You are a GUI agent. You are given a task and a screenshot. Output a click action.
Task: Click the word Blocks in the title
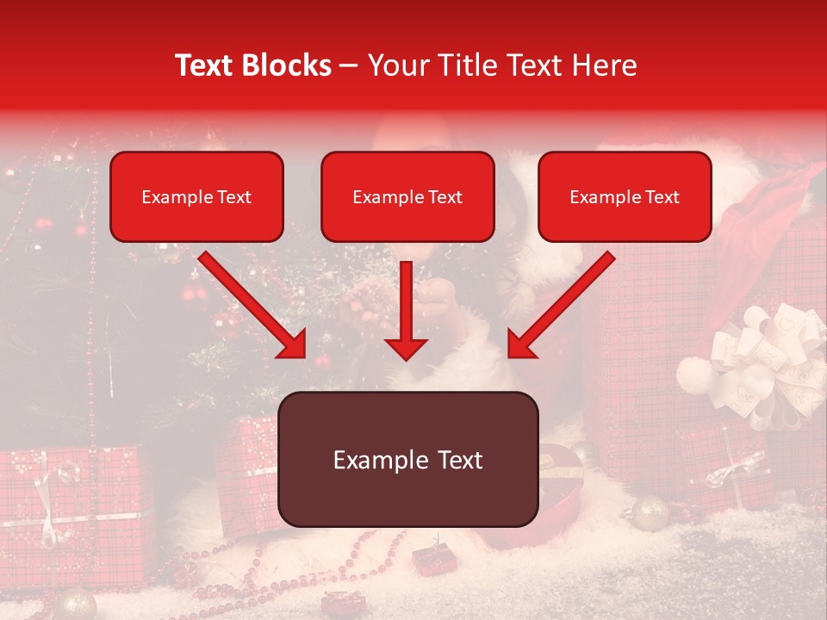pyautogui.click(x=285, y=65)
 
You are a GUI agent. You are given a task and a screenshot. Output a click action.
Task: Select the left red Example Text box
pyautogui.click(x=196, y=196)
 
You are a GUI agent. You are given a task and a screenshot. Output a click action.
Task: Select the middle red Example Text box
pyautogui.click(x=407, y=196)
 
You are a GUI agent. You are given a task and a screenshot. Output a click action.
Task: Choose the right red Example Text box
pyautogui.click(x=625, y=196)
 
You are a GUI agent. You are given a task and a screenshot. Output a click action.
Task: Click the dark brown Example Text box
pyautogui.click(x=407, y=459)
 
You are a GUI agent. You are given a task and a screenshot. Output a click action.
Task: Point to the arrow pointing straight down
pyautogui.click(x=406, y=310)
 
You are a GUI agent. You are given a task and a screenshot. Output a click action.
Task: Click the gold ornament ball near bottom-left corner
pyautogui.click(x=76, y=603)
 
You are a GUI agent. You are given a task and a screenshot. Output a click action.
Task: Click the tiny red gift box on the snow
pyautogui.click(x=428, y=560)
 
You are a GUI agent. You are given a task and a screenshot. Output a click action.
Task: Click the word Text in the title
pyautogui.click(x=205, y=65)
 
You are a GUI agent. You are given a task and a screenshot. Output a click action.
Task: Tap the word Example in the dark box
pyautogui.click(x=370, y=460)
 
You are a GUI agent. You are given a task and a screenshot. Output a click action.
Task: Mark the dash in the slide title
pyautogui.click(x=349, y=66)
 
